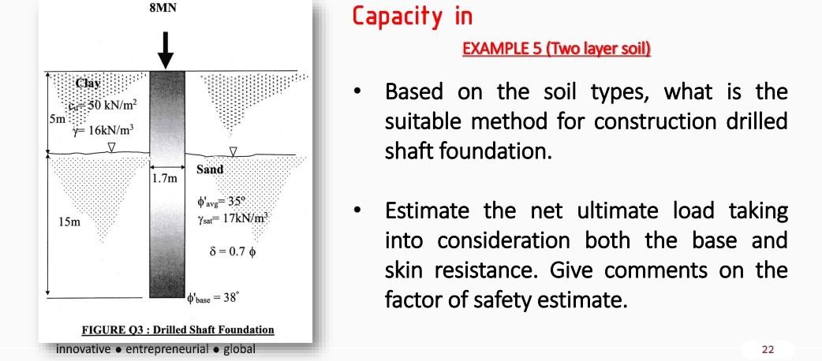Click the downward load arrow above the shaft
[166, 50]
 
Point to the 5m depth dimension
[53, 120]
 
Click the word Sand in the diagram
[210, 169]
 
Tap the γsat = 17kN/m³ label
[235, 216]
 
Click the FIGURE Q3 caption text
[178, 329]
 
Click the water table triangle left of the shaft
[111, 147]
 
